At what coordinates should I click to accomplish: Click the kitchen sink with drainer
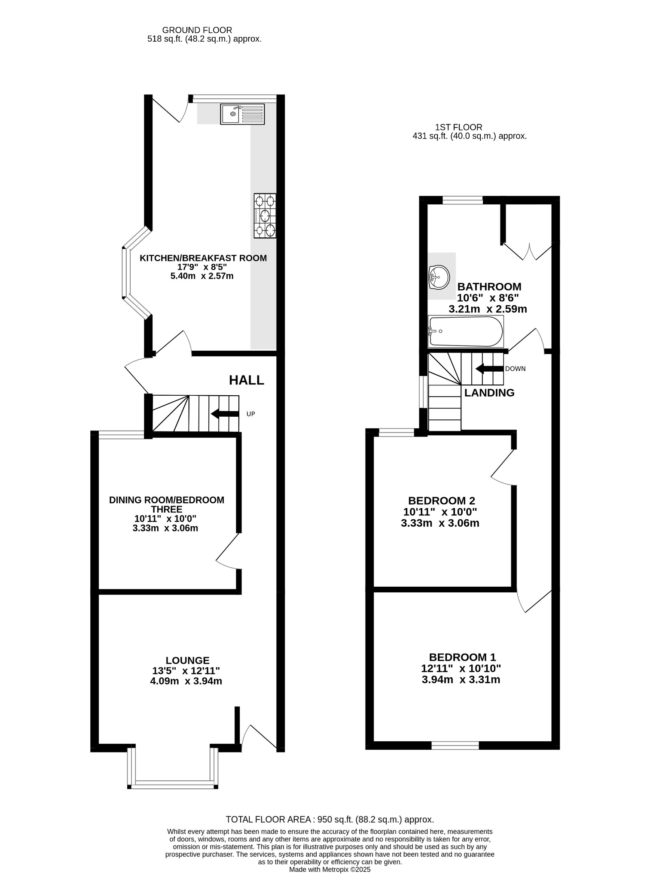[242, 114]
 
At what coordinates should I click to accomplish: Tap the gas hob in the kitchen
[265, 216]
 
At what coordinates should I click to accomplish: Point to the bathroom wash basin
[439, 276]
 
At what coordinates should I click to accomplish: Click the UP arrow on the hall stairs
[225, 414]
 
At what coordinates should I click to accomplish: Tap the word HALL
[247, 380]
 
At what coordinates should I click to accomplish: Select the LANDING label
[489, 393]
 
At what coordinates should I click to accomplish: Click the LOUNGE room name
[187, 661]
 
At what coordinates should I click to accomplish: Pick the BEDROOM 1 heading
[462, 657]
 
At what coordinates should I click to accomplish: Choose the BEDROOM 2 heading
[441, 500]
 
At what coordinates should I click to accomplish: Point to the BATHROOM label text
[489, 287]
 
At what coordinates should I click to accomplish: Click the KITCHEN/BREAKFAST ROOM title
[203, 258]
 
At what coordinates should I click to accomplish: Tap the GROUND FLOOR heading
[197, 30]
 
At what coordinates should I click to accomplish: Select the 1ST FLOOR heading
[459, 127]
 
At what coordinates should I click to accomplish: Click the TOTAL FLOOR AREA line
[330, 819]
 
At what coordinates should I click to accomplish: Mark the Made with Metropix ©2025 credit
[330, 870]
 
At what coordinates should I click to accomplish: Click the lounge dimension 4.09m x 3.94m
[186, 681]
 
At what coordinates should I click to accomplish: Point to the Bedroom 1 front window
[455, 745]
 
